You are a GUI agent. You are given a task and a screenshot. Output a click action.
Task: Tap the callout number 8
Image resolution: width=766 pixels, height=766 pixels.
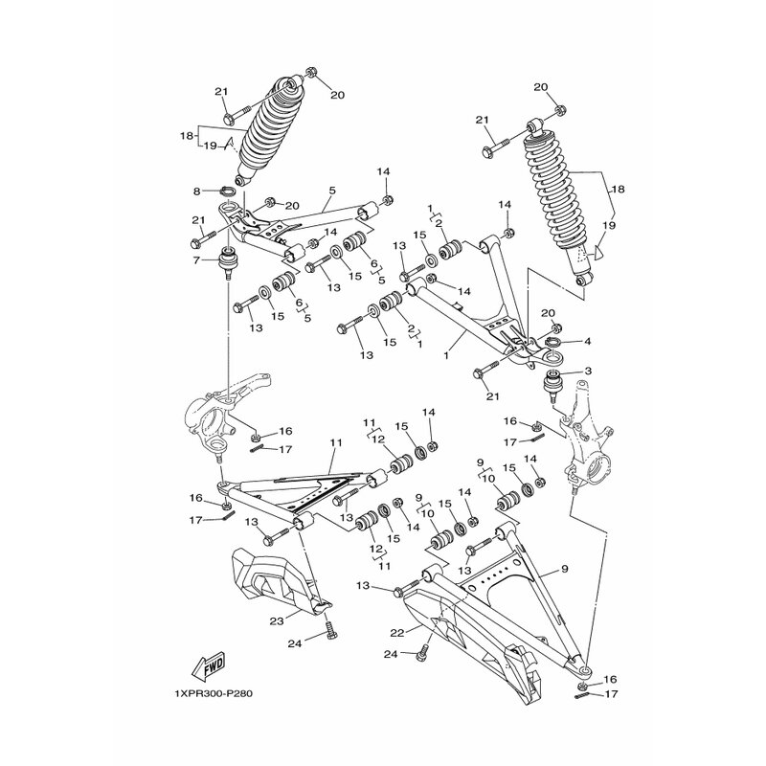[197, 191]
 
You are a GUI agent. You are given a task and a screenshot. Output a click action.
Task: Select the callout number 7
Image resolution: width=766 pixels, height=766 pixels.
[196, 260]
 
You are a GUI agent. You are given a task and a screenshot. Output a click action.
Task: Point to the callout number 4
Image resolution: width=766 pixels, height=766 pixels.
[587, 342]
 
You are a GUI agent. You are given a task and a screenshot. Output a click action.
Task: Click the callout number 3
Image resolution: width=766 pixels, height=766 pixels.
[588, 371]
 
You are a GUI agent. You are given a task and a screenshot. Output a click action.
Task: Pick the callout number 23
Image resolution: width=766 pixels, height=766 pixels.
[277, 621]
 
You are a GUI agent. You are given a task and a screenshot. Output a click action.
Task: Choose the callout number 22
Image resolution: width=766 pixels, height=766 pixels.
[397, 633]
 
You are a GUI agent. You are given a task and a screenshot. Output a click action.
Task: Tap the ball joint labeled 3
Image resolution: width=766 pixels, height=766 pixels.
[554, 387]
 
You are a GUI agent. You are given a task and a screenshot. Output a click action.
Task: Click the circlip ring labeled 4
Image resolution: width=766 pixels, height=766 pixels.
[552, 342]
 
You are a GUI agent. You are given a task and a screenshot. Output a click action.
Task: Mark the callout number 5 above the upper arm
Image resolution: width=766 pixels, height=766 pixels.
[332, 190]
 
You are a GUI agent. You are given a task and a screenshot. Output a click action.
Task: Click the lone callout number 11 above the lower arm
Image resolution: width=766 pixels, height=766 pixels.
[336, 442]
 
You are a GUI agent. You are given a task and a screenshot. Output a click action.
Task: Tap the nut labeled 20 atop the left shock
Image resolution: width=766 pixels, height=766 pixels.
[310, 72]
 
